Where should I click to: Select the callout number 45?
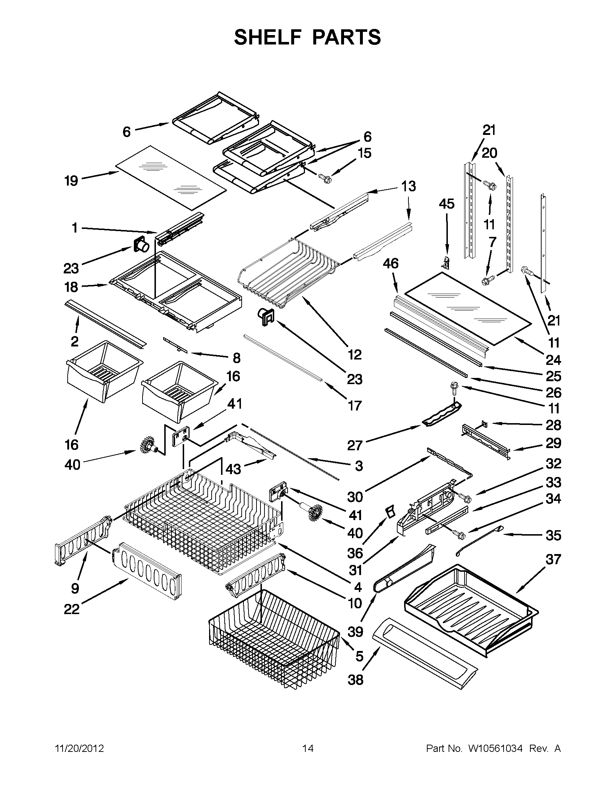tap(446, 204)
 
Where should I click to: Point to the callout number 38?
tap(356, 680)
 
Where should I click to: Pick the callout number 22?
tap(72, 609)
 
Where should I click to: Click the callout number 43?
tap(233, 469)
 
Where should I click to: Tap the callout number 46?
tap(390, 263)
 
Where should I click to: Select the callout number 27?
tap(355, 445)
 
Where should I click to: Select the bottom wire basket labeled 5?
tap(273, 638)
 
